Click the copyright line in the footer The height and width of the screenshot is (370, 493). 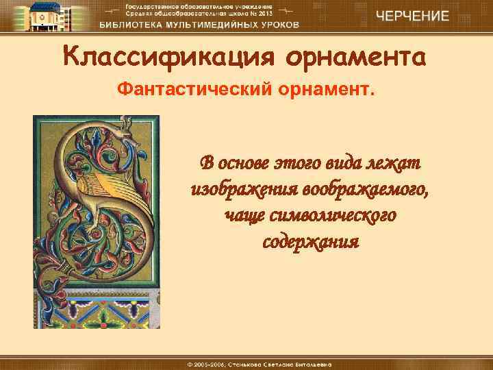pyautogui.click(x=246, y=362)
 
